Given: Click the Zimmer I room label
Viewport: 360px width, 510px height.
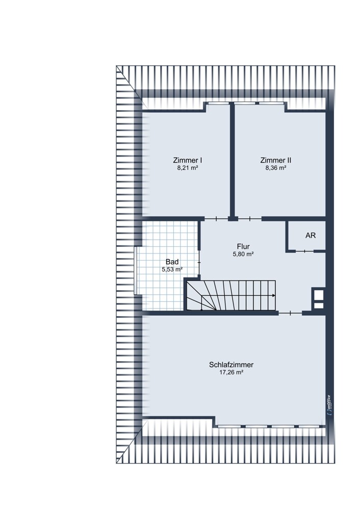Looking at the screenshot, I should [x=187, y=160].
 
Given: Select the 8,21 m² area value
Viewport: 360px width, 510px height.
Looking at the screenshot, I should [x=187, y=167].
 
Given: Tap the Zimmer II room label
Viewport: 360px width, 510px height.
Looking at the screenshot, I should [x=275, y=160].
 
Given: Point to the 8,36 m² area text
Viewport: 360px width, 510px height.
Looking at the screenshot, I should [x=275, y=167].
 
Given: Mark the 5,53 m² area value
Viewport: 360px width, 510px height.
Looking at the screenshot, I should [x=172, y=269].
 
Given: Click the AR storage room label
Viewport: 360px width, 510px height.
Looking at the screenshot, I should [x=310, y=236].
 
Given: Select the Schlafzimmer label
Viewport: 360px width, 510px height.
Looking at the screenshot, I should [x=231, y=365].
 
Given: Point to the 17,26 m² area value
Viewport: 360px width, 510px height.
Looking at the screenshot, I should [x=231, y=373].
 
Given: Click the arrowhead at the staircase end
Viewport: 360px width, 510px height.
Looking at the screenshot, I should [x=274, y=295].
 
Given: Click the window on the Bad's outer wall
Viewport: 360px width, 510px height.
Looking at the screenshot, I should [x=136, y=270].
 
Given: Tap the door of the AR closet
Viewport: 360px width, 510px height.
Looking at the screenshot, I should [x=304, y=250].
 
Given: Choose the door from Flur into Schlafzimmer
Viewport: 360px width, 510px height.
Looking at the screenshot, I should [x=290, y=313].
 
